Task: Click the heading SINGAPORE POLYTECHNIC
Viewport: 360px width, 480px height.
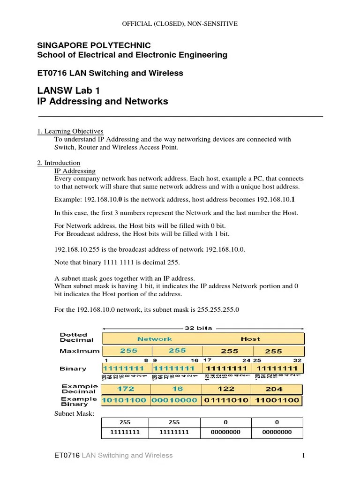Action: point(94,45)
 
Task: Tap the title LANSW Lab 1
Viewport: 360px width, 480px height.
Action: point(68,90)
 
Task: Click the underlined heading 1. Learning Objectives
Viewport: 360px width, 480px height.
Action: point(70,131)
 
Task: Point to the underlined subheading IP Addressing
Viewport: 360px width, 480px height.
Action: point(75,171)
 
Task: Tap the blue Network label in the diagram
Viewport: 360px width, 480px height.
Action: point(154,339)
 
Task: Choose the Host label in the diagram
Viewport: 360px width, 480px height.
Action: point(250,339)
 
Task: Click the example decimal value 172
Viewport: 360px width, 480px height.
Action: point(126,389)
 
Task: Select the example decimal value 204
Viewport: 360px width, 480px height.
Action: point(274,389)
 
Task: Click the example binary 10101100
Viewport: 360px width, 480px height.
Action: point(125,401)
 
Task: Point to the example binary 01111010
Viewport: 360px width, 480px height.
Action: point(227,401)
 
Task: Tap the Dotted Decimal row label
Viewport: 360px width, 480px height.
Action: point(76,337)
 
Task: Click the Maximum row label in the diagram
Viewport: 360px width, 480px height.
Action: point(79,351)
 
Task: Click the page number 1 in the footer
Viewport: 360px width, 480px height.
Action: point(304,456)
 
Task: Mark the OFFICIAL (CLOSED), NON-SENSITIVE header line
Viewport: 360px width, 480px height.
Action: point(180,23)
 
